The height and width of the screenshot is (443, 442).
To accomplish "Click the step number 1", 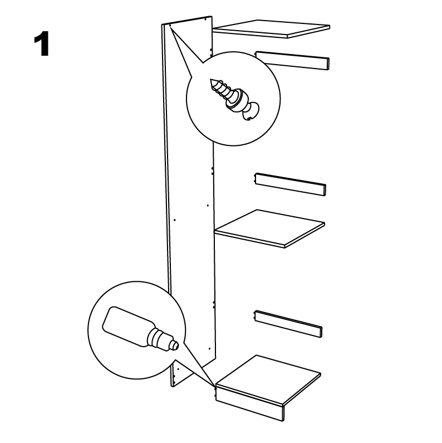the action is click(42, 44).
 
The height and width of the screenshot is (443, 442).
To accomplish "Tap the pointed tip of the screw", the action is click(211, 80).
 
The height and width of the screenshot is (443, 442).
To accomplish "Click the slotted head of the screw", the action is click(251, 111).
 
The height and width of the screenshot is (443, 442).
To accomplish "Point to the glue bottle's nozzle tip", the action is click(176, 345).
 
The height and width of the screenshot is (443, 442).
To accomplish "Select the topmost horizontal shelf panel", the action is click(272, 28).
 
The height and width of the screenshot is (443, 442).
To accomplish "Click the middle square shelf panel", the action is click(269, 228).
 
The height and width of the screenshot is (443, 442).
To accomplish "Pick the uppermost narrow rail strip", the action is click(292, 61).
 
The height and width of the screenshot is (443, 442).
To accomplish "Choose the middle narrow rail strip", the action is click(291, 184).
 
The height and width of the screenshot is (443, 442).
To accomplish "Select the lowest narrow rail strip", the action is click(288, 324).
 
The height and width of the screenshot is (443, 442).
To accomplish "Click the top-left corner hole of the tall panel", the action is click(170, 25).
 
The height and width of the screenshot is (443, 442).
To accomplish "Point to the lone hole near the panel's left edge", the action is click(175, 220).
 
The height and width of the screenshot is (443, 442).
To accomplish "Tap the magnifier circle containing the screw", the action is click(233, 99).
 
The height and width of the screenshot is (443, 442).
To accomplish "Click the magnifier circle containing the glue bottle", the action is click(136, 330).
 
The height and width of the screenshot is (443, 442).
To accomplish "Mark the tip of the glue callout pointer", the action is click(215, 386).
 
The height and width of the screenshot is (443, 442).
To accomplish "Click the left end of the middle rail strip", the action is click(256, 179).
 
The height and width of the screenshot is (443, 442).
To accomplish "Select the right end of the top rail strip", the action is click(328, 64).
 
